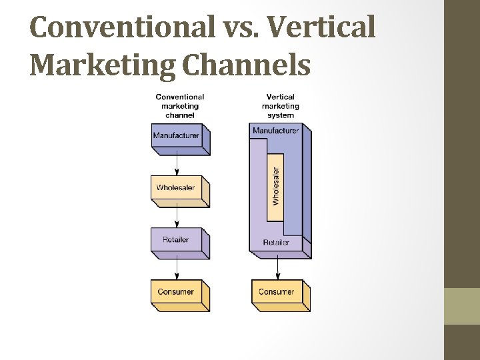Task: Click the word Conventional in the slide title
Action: [118, 27]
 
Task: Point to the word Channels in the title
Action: [246, 65]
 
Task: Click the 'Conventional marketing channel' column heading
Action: [180, 106]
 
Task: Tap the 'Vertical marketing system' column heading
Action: [280, 106]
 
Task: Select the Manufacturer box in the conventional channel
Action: [176, 136]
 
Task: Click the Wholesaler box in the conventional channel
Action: [176, 188]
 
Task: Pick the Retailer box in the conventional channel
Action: [176, 240]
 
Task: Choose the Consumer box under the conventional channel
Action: [176, 292]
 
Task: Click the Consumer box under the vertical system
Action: [276, 292]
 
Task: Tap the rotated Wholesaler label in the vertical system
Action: [275, 187]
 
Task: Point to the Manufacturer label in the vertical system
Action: [275, 131]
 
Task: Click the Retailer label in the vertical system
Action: [276, 243]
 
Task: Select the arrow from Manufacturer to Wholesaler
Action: [177, 162]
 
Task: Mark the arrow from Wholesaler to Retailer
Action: [177, 214]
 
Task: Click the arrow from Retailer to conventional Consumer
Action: [177, 266]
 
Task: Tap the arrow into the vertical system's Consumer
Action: [277, 268]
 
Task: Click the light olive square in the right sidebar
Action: [462, 305]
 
